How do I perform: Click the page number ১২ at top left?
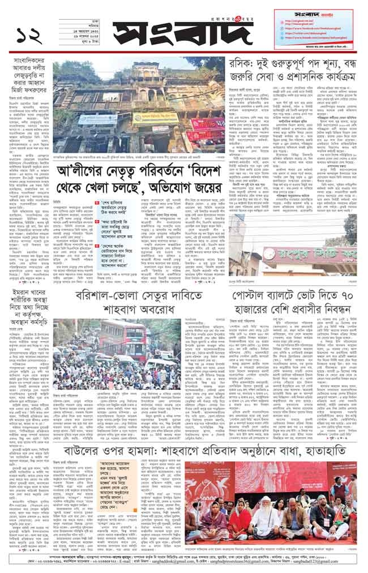click(x=29, y=36)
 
